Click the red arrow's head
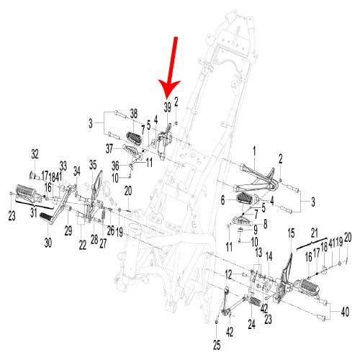(168, 89)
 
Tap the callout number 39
(168, 107)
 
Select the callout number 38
(134, 114)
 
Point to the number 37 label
(109, 148)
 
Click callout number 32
(35, 154)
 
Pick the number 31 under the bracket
(34, 212)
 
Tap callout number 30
(48, 243)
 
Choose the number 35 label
(93, 165)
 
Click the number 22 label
(83, 245)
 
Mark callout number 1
(254, 152)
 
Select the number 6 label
(222, 201)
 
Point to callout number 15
(291, 233)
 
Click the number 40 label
(345, 312)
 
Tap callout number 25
(217, 346)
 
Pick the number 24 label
(251, 325)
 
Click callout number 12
(228, 274)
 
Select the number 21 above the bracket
(315, 233)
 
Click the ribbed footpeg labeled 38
(134, 138)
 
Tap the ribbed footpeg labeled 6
(244, 198)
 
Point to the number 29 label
(68, 231)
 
